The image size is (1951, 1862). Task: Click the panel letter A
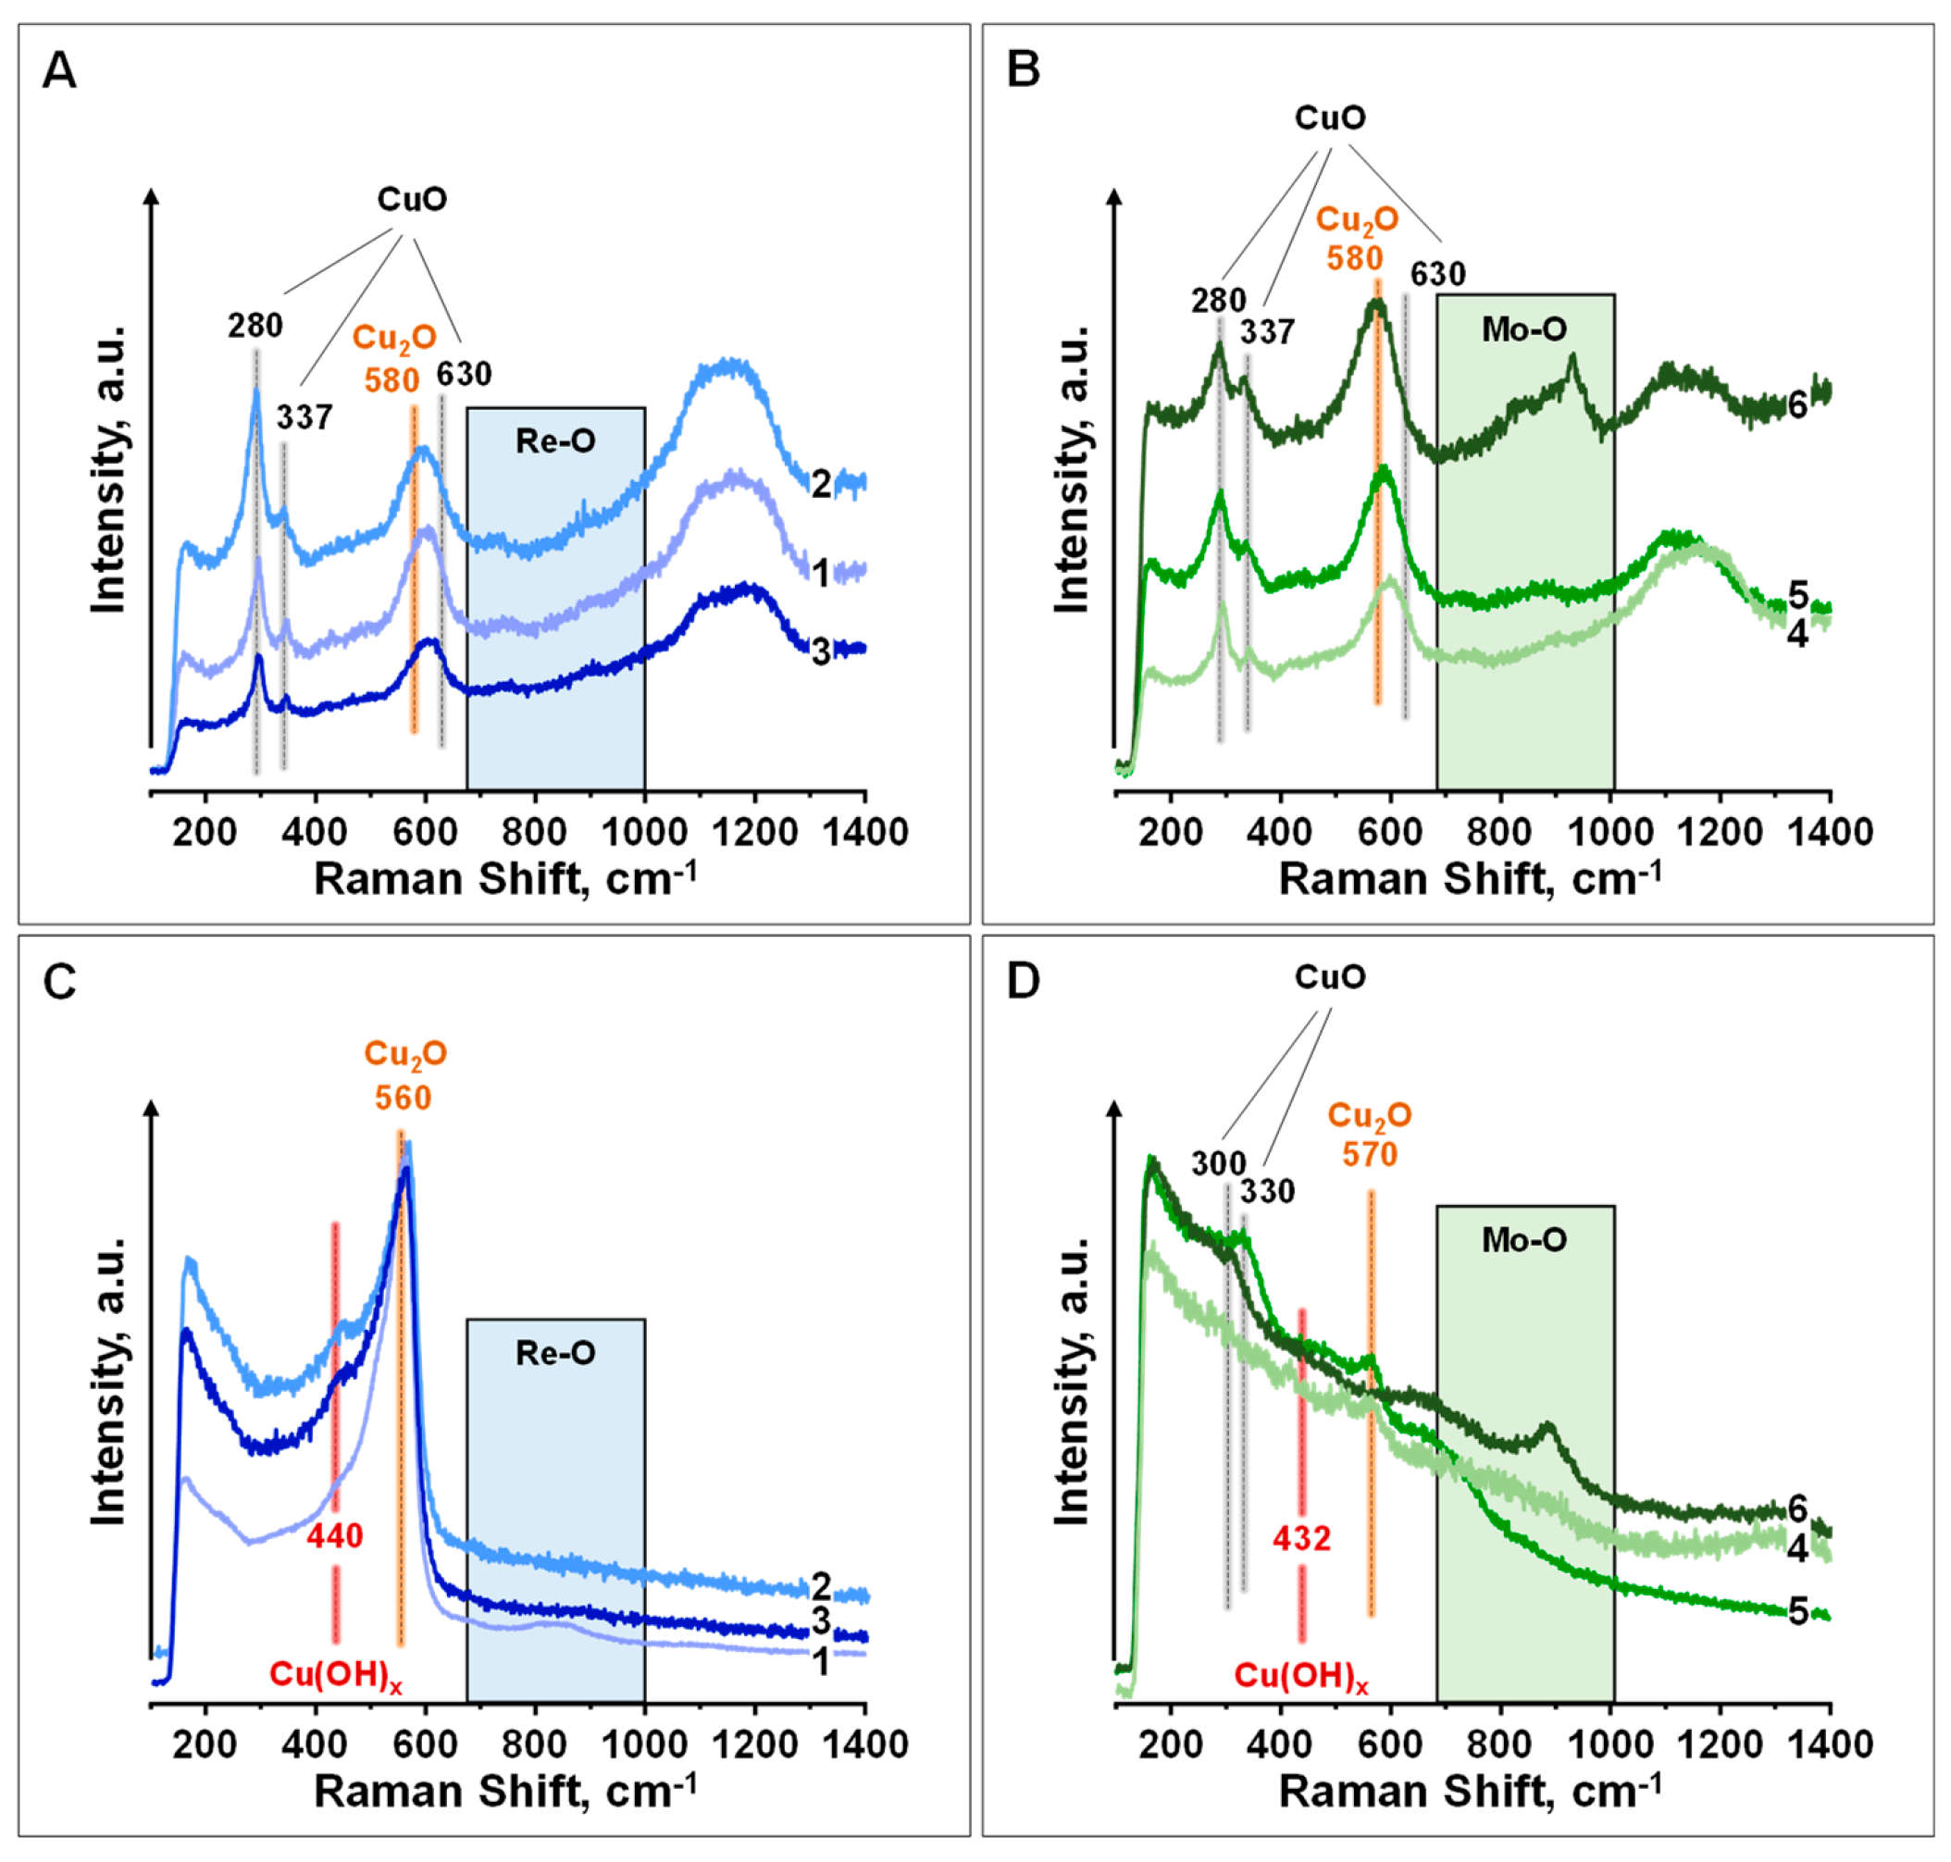pyautogui.click(x=59, y=71)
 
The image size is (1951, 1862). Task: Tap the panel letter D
pyautogui.click(x=1023, y=981)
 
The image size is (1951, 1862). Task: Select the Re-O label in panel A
pyautogui.click(x=554, y=441)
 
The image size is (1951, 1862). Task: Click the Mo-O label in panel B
pyautogui.click(x=1523, y=329)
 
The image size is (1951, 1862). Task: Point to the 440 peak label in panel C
pyautogui.click(x=334, y=1536)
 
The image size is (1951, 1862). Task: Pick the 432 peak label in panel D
pyautogui.click(x=1301, y=1538)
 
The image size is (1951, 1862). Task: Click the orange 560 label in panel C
pyautogui.click(x=403, y=1098)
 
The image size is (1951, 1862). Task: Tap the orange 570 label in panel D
pyautogui.click(x=1370, y=1154)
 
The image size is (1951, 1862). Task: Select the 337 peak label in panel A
pyautogui.click(x=304, y=418)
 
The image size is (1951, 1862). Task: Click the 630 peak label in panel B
pyautogui.click(x=1438, y=274)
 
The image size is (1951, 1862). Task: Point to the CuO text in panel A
pyautogui.click(x=412, y=200)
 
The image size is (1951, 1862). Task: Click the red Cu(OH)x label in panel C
pyautogui.click(x=336, y=1675)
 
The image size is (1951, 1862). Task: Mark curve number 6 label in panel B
pyautogui.click(x=1797, y=406)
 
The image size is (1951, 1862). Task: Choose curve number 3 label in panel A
pyautogui.click(x=821, y=652)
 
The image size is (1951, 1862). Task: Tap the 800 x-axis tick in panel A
pyautogui.click(x=535, y=832)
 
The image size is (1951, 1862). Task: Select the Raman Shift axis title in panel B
pyautogui.click(x=1470, y=879)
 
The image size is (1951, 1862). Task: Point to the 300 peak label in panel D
pyautogui.click(x=1218, y=1163)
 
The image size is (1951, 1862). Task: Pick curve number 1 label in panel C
pyautogui.click(x=821, y=1662)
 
